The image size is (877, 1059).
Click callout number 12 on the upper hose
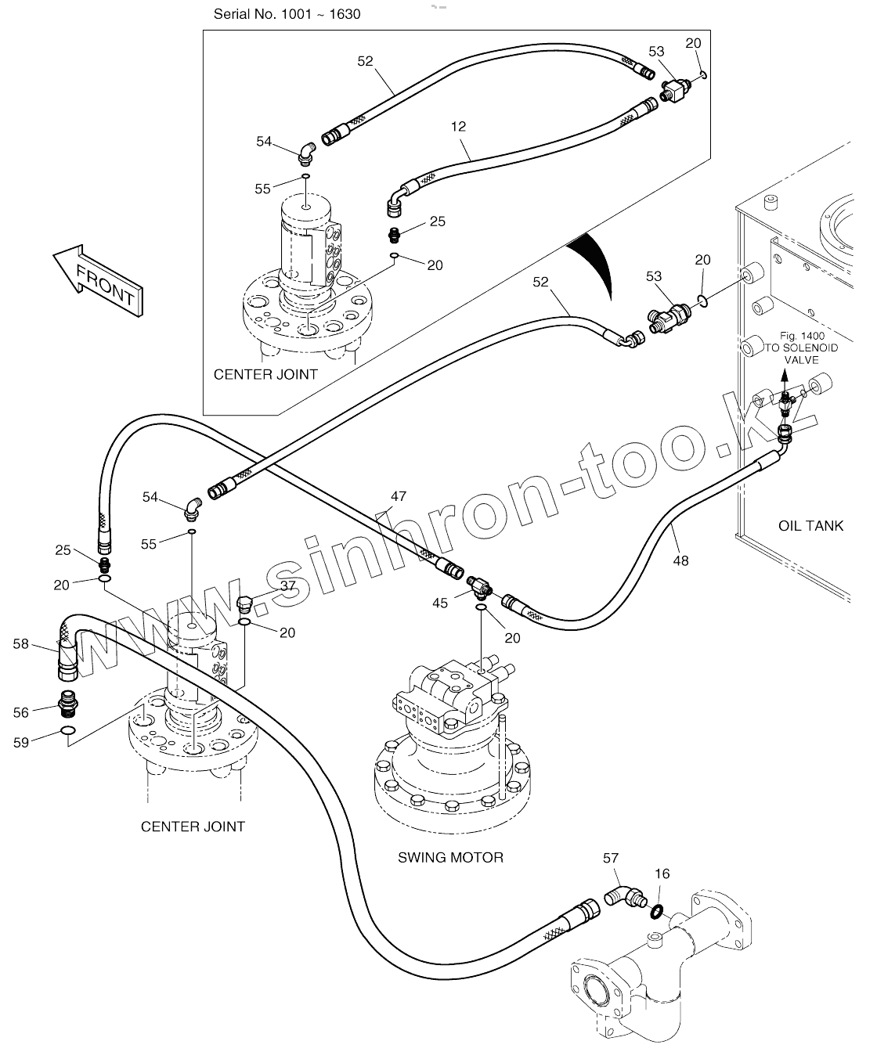click(x=458, y=125)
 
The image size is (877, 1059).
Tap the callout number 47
click(x=399, y=496)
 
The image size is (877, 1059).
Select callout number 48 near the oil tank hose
click(x=680, y=560)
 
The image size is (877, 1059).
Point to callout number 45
click(x=440, y=603)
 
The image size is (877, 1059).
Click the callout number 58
click(x=20, y=643)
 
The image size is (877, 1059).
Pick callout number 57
click(x=611, y=859)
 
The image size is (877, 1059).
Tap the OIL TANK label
click(x=810, y=526)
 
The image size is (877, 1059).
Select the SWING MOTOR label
click(x=450, y=857)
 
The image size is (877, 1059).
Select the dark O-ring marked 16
click(x=658, y=910)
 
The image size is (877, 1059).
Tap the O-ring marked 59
click(x=68, y=732)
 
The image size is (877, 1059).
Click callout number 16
click(x=662, y=874)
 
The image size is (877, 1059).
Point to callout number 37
click(x=287, y=585)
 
